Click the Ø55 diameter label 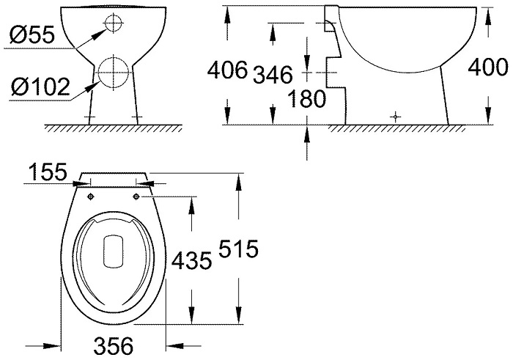pos(32,35)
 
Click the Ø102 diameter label pos(40,87)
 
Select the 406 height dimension pos(227,70)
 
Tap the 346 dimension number pos(273,75)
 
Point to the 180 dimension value pos(306,98)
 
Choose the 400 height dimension pos(488,67)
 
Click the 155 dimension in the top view pos(48,172)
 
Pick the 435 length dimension pos(192,261)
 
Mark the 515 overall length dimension pos(238,249)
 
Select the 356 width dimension pos(114,345)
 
